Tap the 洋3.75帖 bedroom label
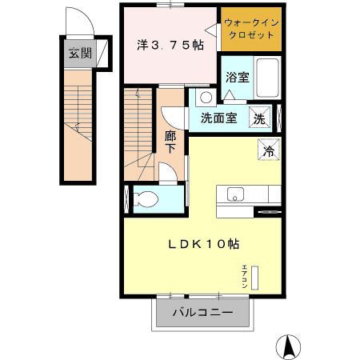point(170,46)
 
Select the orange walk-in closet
point(251,29)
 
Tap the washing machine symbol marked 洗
point(261,118)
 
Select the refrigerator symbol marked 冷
point(270,149)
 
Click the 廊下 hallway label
point(170,142)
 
